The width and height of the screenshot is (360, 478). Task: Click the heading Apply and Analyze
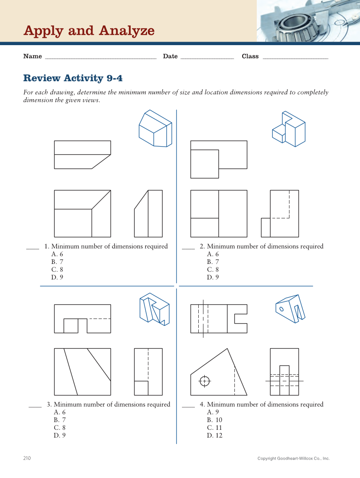pyautogui.click(x=89, y=31)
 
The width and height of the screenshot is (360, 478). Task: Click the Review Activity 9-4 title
pyautogui.click(x=73, y=78)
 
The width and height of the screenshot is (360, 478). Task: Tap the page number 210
pyautogui.click(x=27, y=458)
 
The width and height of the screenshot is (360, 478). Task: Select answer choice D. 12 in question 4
pyautogui.click(x=215, y=435)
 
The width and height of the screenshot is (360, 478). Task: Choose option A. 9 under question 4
pyautogui.click(x=213, y=412)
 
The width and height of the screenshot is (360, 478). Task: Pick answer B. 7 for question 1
pyautogui.click(x=57, y=262)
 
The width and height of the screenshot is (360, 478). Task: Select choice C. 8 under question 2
pyautogui.click(x=213, y=270)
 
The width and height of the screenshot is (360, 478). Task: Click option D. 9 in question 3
pyautogui.click(x=60, y=435)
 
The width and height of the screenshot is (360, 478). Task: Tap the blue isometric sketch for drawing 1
pyautogui.click(x=155, y=129)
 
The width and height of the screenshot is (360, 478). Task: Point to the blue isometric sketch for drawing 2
pyautogui.click(x=289, y=129)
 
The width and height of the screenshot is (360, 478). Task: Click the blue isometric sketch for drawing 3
pyautogui.click(x=154, y=309)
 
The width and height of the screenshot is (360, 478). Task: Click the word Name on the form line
pyautogui.click(x=33, y=56)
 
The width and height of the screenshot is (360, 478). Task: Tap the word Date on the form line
pyautogui.click(x=170, y=56)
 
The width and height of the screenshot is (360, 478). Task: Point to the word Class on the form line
pyautogui.click(x=250, y=56)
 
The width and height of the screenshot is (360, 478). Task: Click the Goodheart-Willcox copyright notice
pyautogui.click(x=293, y=459)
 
